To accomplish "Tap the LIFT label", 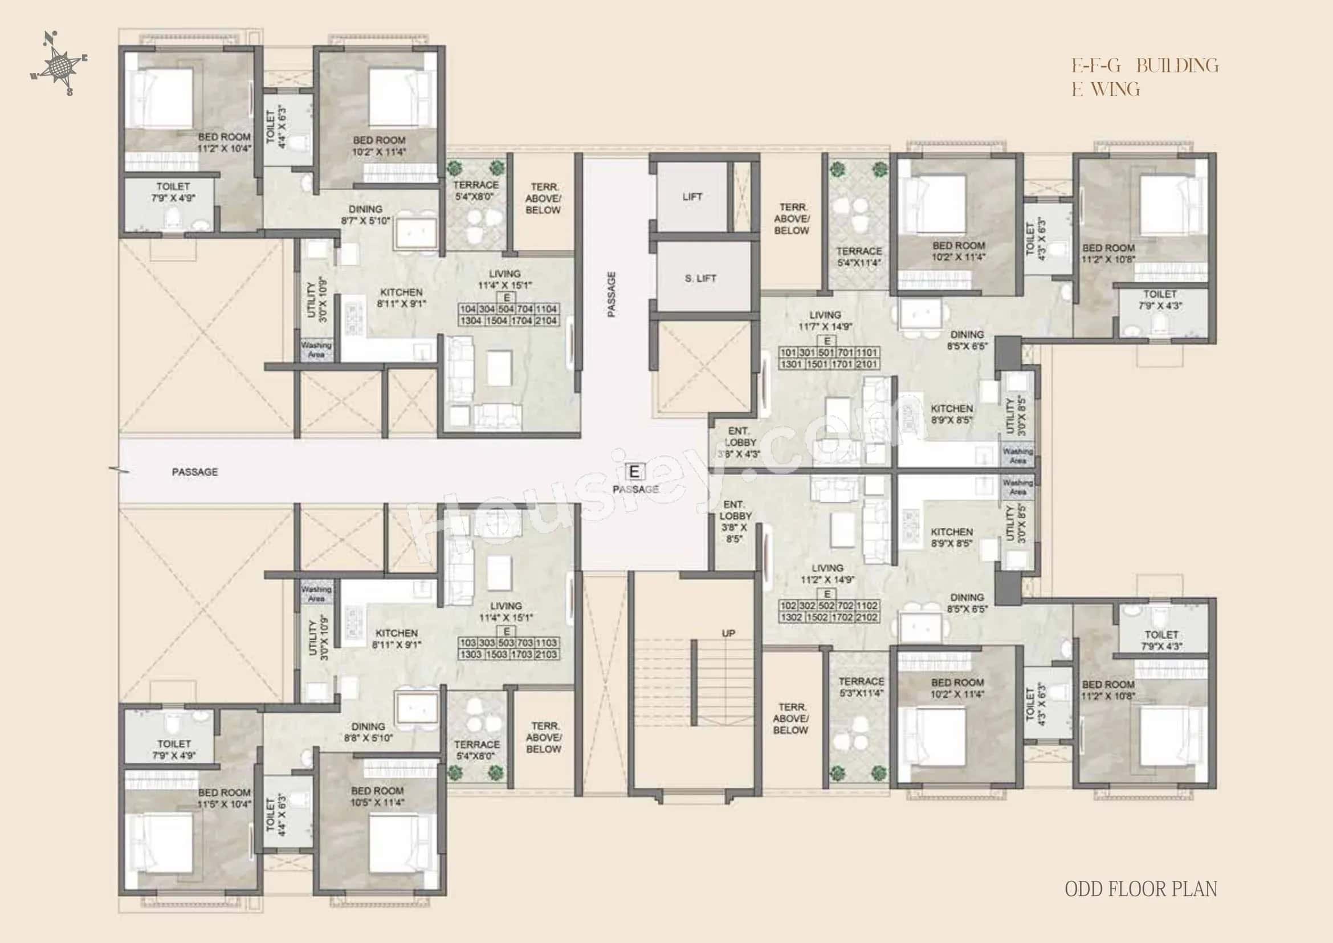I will [692, 197].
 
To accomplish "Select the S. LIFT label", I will [700, 279].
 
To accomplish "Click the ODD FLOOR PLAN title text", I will [1140, 889].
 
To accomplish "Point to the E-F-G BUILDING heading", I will [1145, 66].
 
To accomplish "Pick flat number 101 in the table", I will [788, 353].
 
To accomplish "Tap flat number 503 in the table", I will [506, 643].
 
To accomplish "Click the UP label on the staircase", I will [728, 633].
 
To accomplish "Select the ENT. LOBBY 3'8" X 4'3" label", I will [739, 442].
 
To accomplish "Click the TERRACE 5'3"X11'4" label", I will [861, 687].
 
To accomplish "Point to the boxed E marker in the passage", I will [634, 472].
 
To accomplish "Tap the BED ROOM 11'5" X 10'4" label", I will [224, 798].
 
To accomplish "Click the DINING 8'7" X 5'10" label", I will [365, 215].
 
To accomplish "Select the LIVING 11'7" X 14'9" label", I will [825, 321].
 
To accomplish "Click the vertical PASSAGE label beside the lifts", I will [612, 294].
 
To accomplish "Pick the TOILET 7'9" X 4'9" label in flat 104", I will [173, 192].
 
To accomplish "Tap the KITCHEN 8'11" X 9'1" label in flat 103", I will [397, 639].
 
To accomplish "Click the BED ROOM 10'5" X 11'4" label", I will [377, 796].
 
